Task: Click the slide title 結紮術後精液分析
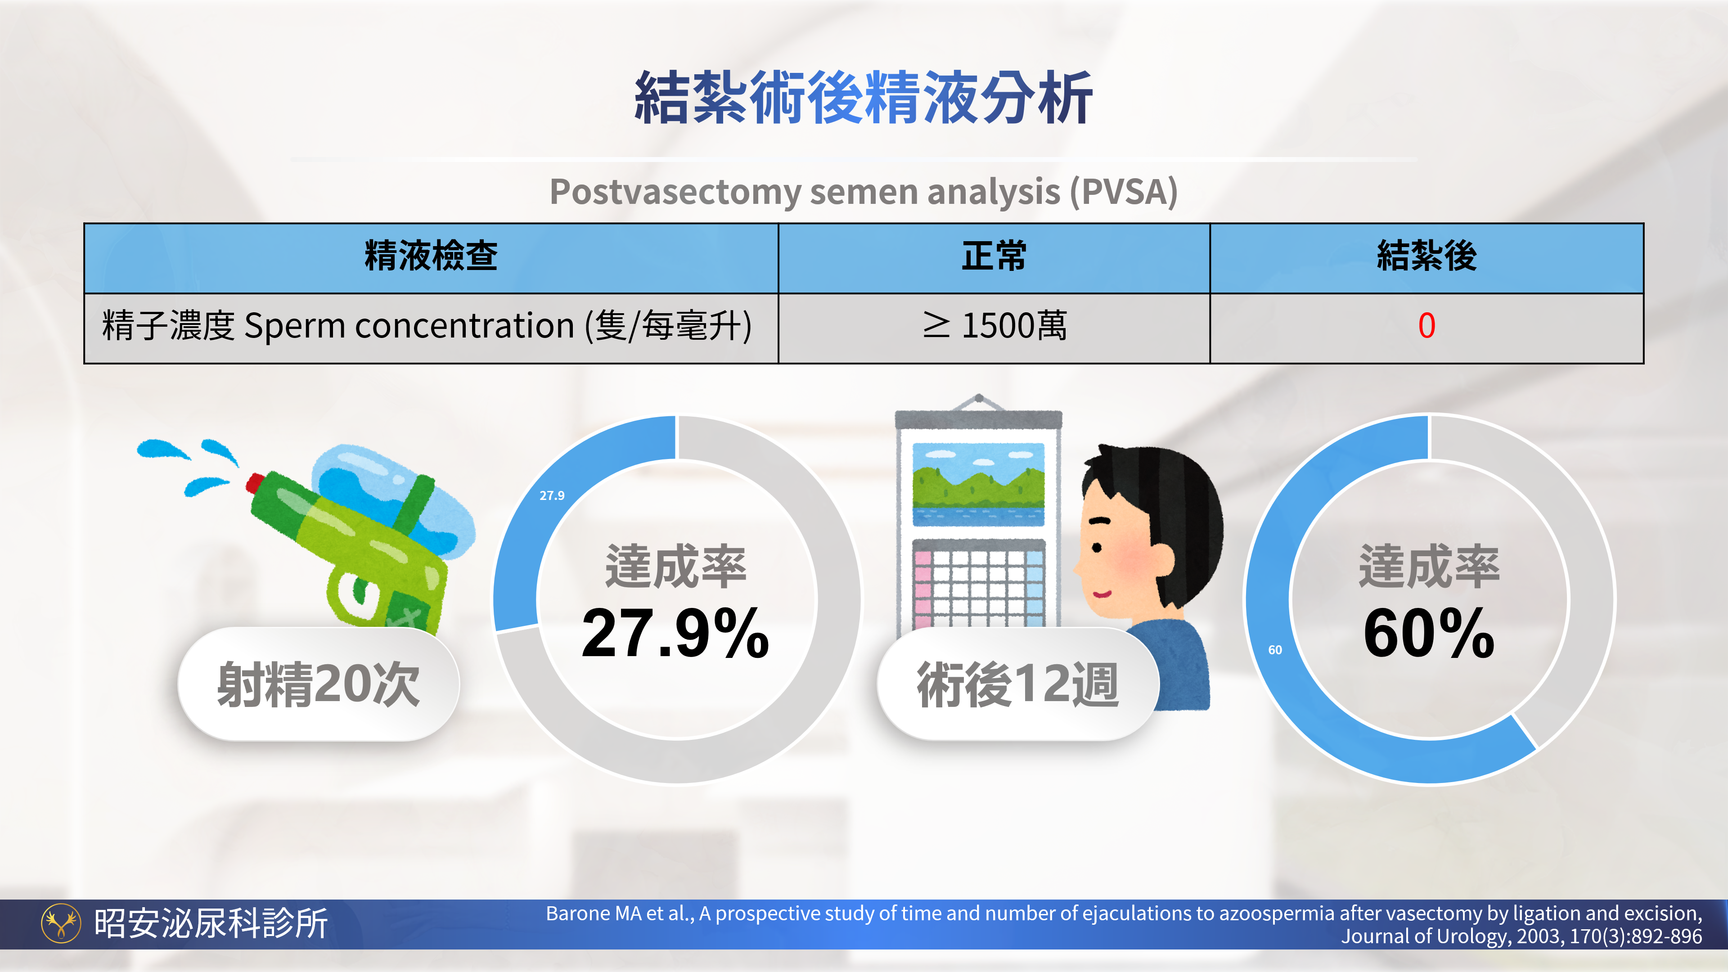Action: (864, 98)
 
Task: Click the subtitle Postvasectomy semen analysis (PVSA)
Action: (864, 192)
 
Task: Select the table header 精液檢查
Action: (431, 256)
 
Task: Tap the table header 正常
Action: (994, 256)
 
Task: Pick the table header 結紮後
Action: (1427, 256)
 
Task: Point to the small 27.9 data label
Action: (552, 496)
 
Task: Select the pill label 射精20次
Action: (319, 684)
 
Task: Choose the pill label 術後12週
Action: (1018, 684)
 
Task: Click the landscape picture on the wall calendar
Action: (979, 484)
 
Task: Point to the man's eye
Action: (1098, 547)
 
